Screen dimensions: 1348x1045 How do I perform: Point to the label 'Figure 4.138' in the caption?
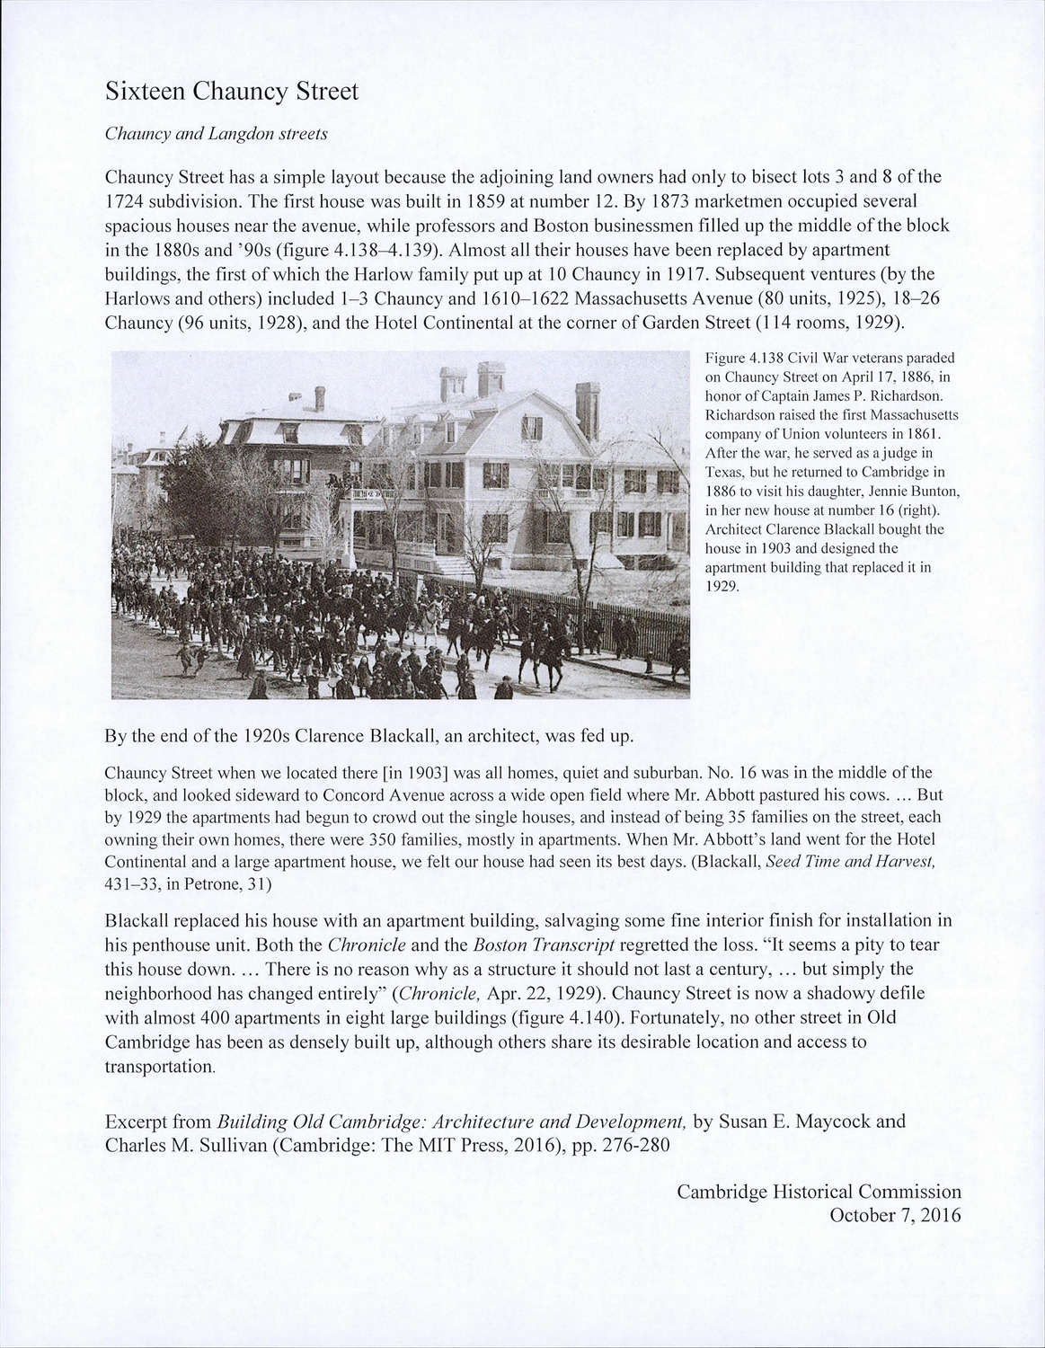click(739, 359)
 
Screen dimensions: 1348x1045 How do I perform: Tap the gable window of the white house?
click(532, 429)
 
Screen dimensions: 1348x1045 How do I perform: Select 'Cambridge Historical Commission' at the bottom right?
click(819, 1192)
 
